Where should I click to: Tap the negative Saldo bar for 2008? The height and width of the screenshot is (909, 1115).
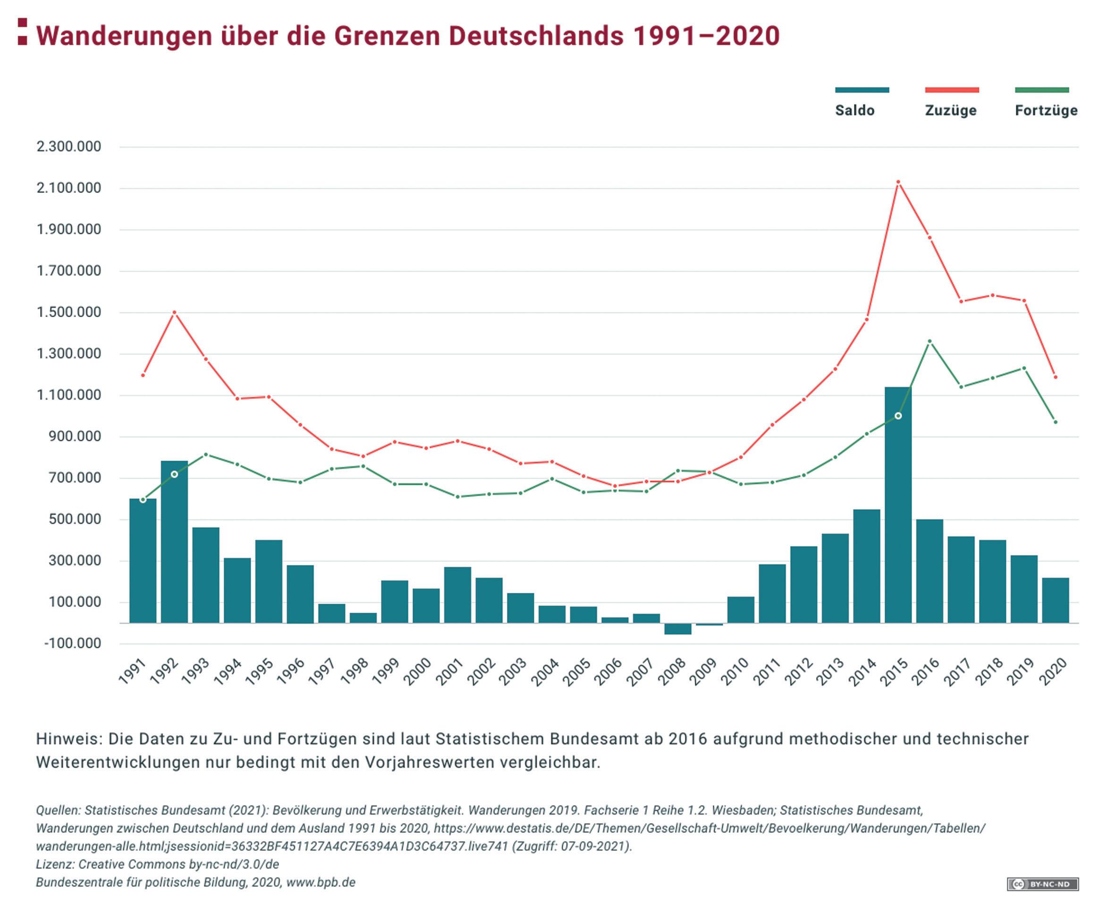(677, 629)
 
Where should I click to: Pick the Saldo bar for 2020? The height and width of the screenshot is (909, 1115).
(1056, 600)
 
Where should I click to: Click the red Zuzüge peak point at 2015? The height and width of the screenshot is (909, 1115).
(898, 182)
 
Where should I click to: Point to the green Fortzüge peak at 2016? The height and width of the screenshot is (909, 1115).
(929, 342)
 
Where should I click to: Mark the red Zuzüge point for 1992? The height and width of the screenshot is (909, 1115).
(174, 313)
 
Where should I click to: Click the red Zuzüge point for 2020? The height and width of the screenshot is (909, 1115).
(1056, 377)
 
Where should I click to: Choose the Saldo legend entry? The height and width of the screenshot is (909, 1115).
(854, 111)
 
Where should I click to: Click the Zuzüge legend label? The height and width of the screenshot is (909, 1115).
(951, 111)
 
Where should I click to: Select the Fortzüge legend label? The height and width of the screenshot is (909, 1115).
(1046, 111)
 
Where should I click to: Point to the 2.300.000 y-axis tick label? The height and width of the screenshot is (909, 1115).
(68, 146)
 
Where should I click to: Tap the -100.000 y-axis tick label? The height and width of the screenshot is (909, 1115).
(72, 643)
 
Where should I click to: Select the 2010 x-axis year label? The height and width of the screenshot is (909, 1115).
(734, 672)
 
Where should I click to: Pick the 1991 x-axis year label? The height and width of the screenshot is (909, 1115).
(131, 672)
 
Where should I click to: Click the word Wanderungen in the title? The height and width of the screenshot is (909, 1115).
(124, 35)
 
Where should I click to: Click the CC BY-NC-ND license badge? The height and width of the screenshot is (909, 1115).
(1042, 884)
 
